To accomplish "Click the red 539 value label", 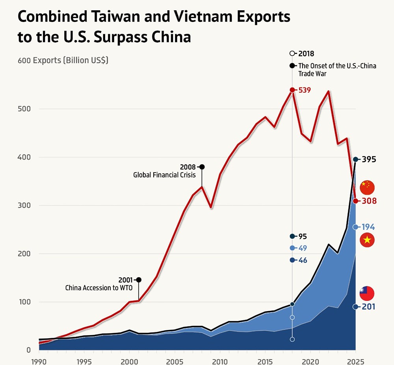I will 305,90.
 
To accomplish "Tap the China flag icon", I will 367,187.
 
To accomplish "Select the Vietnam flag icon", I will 367,240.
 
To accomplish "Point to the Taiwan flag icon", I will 367,293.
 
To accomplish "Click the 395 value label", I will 369,159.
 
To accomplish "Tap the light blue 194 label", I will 369,227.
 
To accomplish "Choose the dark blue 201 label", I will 369,307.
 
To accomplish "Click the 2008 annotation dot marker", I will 202,167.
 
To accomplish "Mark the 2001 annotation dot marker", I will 138,280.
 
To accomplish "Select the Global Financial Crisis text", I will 164,175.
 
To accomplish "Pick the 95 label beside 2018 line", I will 303,236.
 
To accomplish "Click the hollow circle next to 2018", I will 292,53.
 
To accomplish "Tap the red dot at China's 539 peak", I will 292,90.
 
